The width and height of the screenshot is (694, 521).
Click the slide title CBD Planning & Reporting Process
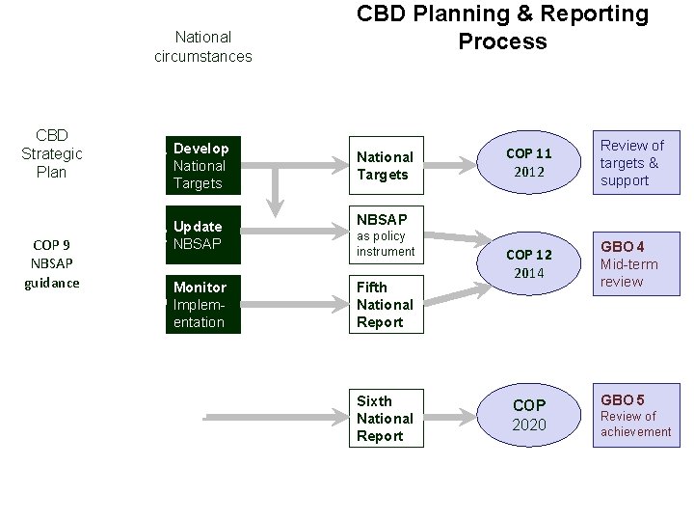(502, 27)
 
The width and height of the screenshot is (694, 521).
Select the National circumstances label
(202, 46)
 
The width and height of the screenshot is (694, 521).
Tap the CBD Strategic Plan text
(52, 153)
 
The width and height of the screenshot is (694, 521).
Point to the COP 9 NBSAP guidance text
(52, 263)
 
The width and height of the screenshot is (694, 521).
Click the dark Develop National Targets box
(202, 165)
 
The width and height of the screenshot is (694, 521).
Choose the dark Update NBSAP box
(202, 235)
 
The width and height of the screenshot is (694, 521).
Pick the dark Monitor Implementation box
(202, 305)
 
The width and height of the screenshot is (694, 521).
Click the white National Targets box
(386, 165)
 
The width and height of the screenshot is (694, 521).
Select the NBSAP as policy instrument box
(386, 235)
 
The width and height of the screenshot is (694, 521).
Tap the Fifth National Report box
(386, 305)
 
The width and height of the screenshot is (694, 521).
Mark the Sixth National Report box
(386, 418)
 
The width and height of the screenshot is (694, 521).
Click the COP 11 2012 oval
(529, 163)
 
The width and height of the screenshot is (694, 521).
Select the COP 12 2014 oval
(529, 263)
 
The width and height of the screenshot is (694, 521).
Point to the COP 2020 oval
(529, 415)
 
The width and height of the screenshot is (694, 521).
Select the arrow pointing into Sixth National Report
(280, 418)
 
